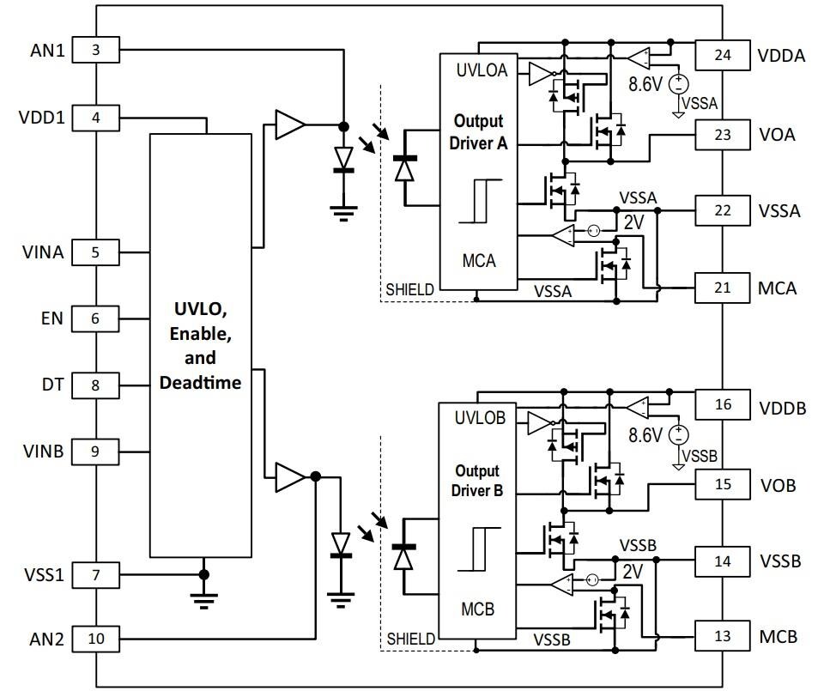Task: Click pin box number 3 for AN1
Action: [95, 50]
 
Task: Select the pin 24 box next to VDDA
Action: [722, 56]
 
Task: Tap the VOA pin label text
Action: [777, 135]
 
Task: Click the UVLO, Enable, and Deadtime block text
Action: [200, 345]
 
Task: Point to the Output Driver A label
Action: [478, 132]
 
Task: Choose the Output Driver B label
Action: [478, 481]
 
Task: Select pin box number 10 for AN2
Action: [95, 638]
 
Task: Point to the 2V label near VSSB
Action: [633, 571]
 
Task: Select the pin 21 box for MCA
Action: [722, 288]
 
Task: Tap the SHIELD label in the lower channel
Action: [410, 639]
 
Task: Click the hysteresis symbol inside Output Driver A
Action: [478, 201]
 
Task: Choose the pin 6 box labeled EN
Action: [95, 318]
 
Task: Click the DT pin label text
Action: [53, 385]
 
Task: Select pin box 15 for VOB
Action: [722, 484]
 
